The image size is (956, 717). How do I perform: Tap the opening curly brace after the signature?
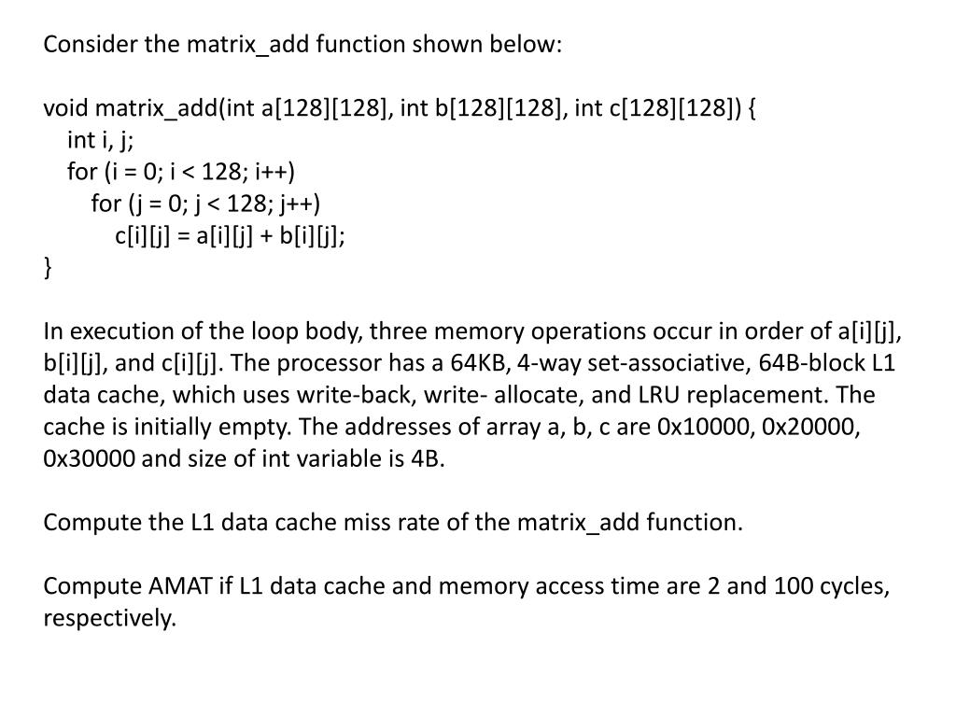[751, 109]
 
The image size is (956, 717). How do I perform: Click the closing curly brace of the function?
[49, 268]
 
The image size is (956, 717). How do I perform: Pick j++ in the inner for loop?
[299, 204]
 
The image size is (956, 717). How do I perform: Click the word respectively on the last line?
[109, 618]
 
